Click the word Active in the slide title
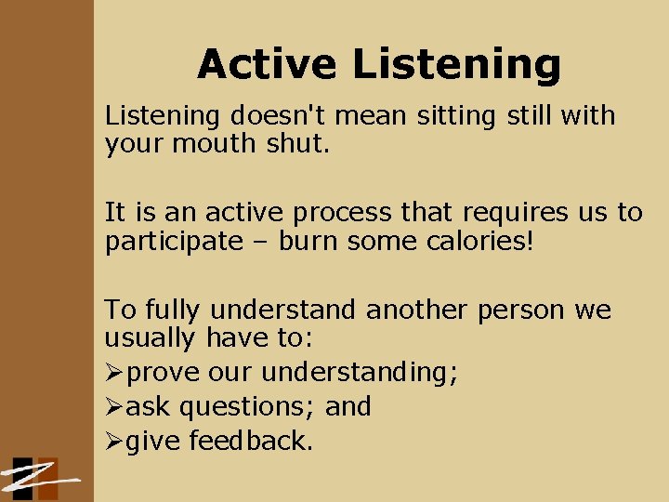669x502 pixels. (x=268, y=64)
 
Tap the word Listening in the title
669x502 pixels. (x=456, y=64)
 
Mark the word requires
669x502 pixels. (x=496, y=213)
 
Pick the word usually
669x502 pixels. (x=151, y=337)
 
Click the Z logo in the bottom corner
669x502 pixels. (x=37, y=479)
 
